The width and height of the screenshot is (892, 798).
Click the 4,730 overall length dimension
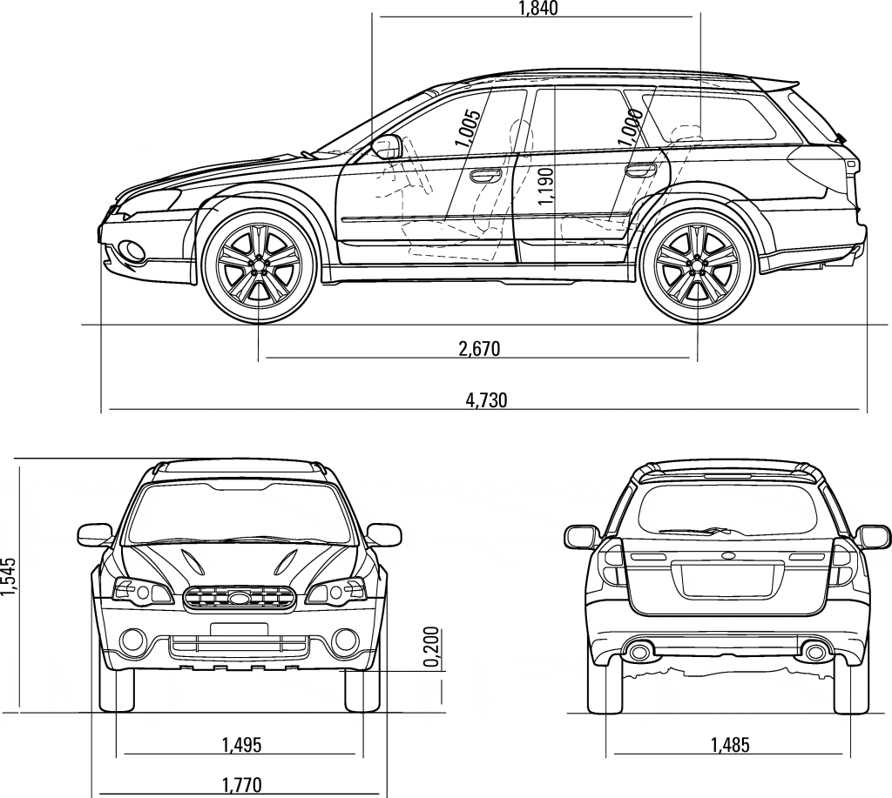click(486, 400)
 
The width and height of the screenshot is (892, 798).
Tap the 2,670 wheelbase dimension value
click(479, 348)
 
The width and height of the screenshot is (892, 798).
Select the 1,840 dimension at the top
click(538, 8)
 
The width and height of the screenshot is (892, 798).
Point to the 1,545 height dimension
click(9, 576)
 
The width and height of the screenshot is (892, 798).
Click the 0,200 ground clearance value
click(432, 647)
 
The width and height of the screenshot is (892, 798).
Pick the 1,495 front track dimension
click(242, 744)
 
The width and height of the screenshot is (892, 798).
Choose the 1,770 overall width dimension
click(242, 786)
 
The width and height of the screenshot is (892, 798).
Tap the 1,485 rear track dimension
click(730, 744)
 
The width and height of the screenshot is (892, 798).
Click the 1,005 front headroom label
click(468, 128)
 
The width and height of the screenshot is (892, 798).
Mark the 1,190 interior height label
click(545, 186)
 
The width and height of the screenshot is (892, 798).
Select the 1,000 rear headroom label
click(632, 127)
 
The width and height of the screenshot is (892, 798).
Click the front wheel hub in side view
click(260, 265)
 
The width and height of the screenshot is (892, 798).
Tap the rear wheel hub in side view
click(698, 265)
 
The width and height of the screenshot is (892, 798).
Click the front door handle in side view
click(485, 175)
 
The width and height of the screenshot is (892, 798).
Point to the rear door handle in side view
click(639, 170)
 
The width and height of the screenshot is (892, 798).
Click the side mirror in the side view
click(387, 147)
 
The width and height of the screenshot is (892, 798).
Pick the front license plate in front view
click(239, 629)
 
